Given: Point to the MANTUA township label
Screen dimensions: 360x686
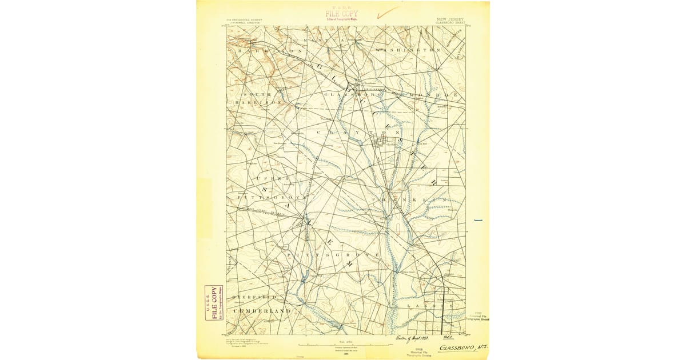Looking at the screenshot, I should pos(325,41).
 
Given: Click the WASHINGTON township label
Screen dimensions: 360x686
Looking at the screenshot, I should pos(408,50).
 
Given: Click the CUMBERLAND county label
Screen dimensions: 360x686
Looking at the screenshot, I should pos(261,310).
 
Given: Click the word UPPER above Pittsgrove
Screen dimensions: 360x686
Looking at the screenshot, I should pos(261,178).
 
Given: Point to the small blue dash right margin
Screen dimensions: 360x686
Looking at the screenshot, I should pos(478,220).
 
